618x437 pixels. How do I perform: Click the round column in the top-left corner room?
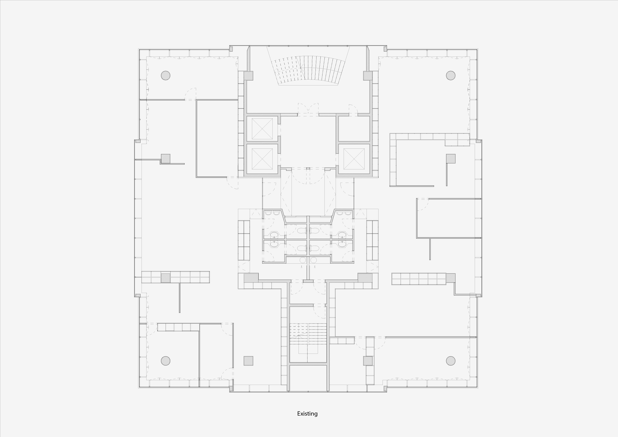tap(165, 75)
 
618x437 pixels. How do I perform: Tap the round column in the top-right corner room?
tap(451, 75)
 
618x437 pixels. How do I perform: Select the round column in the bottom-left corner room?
tap(165, 361)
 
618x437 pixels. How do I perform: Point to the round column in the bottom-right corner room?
tap(451, 361)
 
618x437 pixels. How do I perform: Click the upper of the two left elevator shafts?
tap(262, 129)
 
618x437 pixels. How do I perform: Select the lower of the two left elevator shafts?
tap(262, 159)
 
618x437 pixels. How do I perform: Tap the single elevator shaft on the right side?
tap(354, 159)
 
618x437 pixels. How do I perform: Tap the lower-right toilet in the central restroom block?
tap(315, 248)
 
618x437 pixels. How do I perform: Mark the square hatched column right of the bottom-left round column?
tap(248, 361)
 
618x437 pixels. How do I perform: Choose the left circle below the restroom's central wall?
tap(303, 260)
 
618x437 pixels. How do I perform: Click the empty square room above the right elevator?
tap(354, 129)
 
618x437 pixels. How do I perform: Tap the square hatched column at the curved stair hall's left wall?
tap(248, 75)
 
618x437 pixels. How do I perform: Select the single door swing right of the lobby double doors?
tap(353, 110)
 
